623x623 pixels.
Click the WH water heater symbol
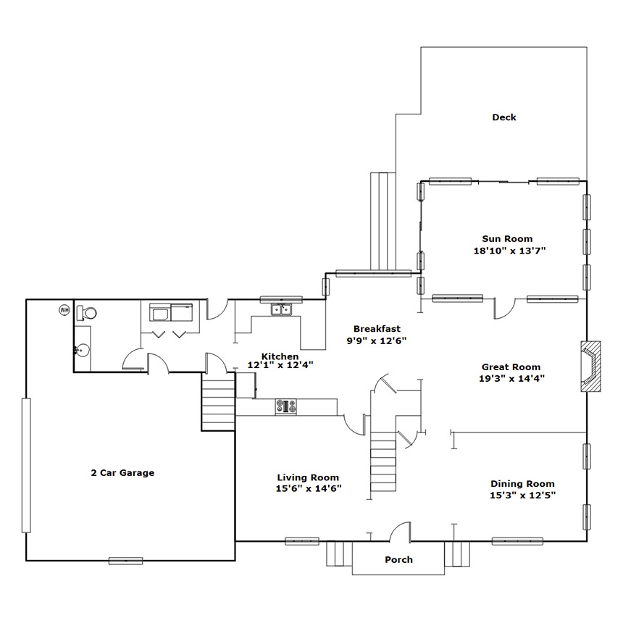64,310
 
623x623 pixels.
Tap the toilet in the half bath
86,313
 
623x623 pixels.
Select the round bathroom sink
83,351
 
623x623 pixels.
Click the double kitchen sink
281,309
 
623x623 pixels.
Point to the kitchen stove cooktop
285,407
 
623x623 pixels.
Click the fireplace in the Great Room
590,367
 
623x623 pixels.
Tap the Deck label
504,117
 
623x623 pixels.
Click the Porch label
398,559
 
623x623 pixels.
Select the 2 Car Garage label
122,472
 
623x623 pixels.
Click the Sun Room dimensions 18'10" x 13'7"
509,251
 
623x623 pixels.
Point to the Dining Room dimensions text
522,495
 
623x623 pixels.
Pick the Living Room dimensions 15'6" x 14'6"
309,488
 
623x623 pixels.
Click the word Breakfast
377,329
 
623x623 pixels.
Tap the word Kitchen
280,356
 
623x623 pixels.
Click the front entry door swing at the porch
400,532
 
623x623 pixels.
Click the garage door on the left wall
26,465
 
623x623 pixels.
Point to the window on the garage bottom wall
125,561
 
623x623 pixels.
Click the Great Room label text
511,367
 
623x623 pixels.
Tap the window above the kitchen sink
281,299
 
